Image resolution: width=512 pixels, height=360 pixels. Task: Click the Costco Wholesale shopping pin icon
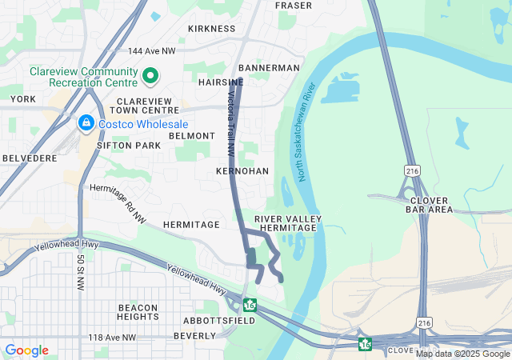point(86,124)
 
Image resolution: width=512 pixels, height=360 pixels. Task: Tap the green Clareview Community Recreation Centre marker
point(150,78)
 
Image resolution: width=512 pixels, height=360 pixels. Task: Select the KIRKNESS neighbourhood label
point(211,28)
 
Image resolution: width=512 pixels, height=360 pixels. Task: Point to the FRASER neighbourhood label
point(293,6)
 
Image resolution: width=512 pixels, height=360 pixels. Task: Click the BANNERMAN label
point(269,68)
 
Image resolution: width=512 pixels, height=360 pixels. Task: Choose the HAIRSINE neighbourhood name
point(220,82)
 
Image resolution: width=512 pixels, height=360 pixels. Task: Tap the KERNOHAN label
point(242,171)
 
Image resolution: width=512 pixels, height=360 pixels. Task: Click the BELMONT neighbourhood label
point(192,137)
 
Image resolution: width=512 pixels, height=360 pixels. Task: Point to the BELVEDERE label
point(29,159)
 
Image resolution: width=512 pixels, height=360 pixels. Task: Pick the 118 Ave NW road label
point(112,338)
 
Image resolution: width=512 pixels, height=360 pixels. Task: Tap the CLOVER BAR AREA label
point(431,205)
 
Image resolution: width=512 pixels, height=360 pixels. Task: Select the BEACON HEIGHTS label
point(137,312)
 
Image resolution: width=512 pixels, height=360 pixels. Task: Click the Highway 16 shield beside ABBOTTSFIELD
point(250,305)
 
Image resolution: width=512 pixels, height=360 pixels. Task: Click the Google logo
point(26,350)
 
